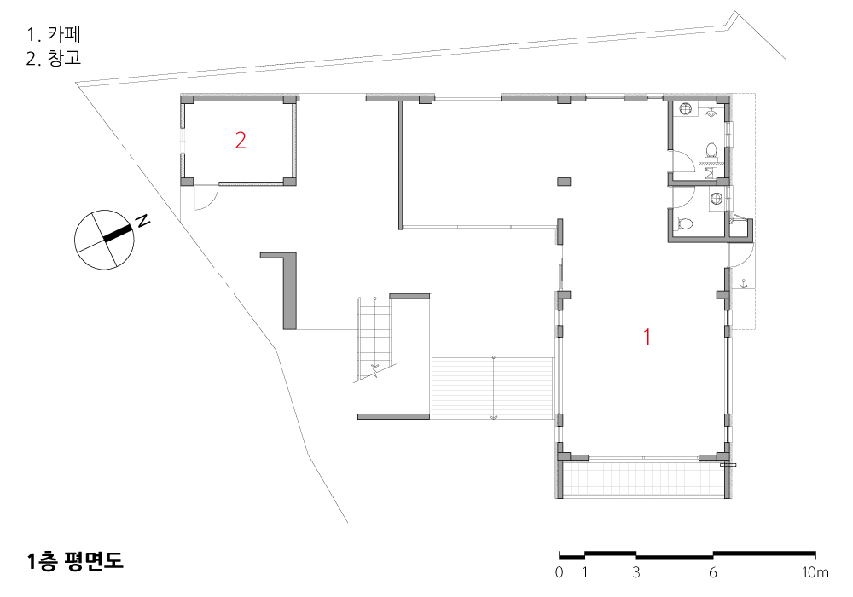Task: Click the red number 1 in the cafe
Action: point(647,337)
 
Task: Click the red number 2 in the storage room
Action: point(241,140)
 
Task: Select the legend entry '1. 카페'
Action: point(54,34)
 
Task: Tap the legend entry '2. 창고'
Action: point(54,58)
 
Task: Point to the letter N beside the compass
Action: point(142,221)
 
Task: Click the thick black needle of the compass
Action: point(118,233)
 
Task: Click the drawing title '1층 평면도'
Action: point(75,561)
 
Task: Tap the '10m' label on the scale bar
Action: point(815,572)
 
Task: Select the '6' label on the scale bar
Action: point(712,572)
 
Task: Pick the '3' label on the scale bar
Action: point(636,572)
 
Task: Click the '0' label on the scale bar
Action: point(560,572)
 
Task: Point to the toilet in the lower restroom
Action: point(683,223)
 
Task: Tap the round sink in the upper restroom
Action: point(686,109)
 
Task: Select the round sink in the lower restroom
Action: point(717,199)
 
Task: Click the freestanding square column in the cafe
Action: point(564,182)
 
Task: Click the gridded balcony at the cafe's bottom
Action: point(643,479)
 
